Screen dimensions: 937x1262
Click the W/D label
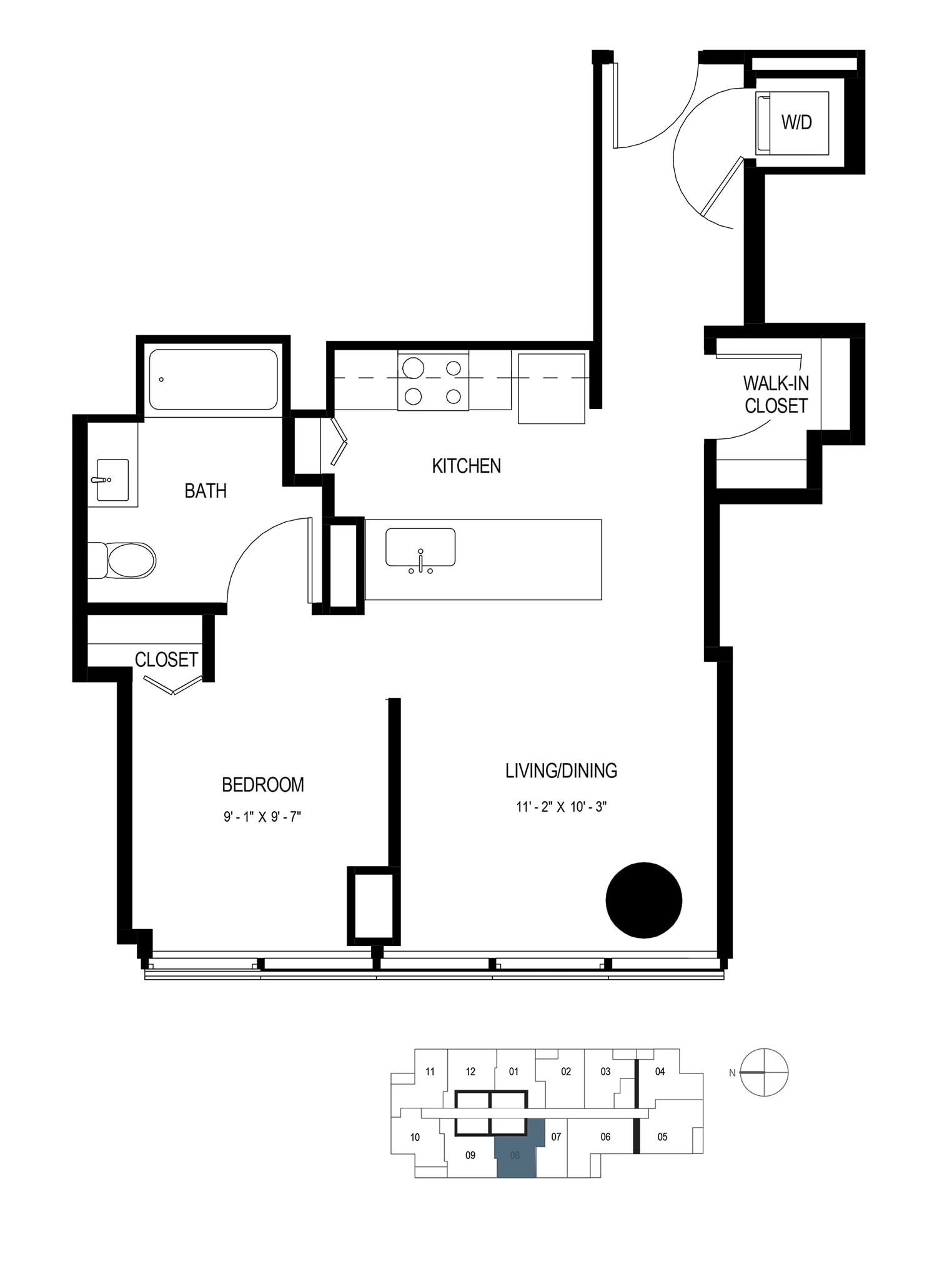point(796,122)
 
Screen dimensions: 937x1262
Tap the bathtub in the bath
point(214,379)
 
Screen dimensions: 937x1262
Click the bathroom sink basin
point(112,480)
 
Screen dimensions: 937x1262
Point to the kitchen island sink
point(420,548)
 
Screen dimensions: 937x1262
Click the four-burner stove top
point(433,380)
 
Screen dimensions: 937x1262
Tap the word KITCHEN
point(467,466)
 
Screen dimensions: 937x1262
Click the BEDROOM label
point(263,785)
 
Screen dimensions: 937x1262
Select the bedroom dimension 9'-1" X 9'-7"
point(263,817)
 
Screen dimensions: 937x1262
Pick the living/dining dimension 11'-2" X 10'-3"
point(562,807)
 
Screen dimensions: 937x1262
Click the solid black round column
point(644,900)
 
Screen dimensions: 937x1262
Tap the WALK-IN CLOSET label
point(776,394)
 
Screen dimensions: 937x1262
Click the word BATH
point(206,491)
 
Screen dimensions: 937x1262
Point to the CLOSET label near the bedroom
point(166,659)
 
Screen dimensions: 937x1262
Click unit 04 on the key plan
point(660,1072)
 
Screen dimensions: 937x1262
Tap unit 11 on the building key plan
point(430,1072)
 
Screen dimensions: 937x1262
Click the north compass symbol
point(764,1072)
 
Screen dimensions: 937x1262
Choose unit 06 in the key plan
point(605,1136)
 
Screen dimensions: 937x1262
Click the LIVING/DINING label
point(562,771)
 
